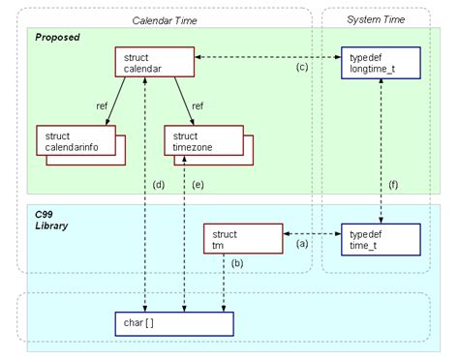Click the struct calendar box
(154, 63)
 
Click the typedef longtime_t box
(380, 63)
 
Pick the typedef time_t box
(380, 239)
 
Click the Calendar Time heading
(168, 18)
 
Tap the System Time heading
(376, 18)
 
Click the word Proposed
(57, 37)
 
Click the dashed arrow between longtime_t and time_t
(380, 155)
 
